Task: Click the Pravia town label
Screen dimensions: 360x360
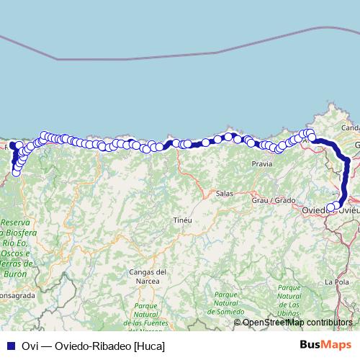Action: [262, 164]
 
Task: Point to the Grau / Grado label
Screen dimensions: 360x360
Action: [274, 199]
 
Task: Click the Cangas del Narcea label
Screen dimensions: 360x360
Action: [148, 276]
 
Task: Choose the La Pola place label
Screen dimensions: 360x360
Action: [337, 282]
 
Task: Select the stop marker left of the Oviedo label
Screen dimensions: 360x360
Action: [331, 207]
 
